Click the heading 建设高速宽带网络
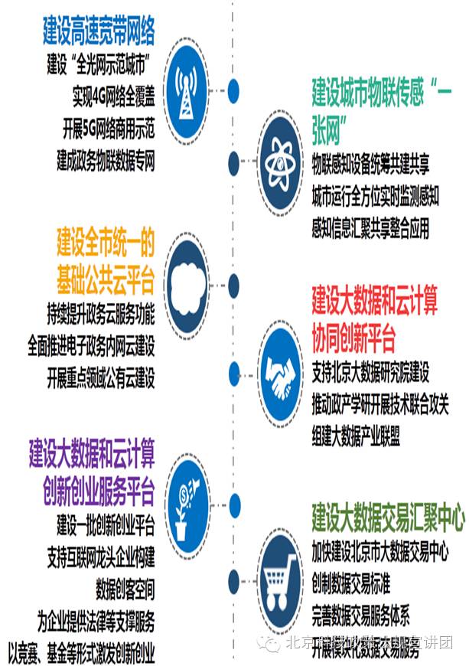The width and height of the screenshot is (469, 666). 99,32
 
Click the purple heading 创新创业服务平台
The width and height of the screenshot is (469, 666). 99,489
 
